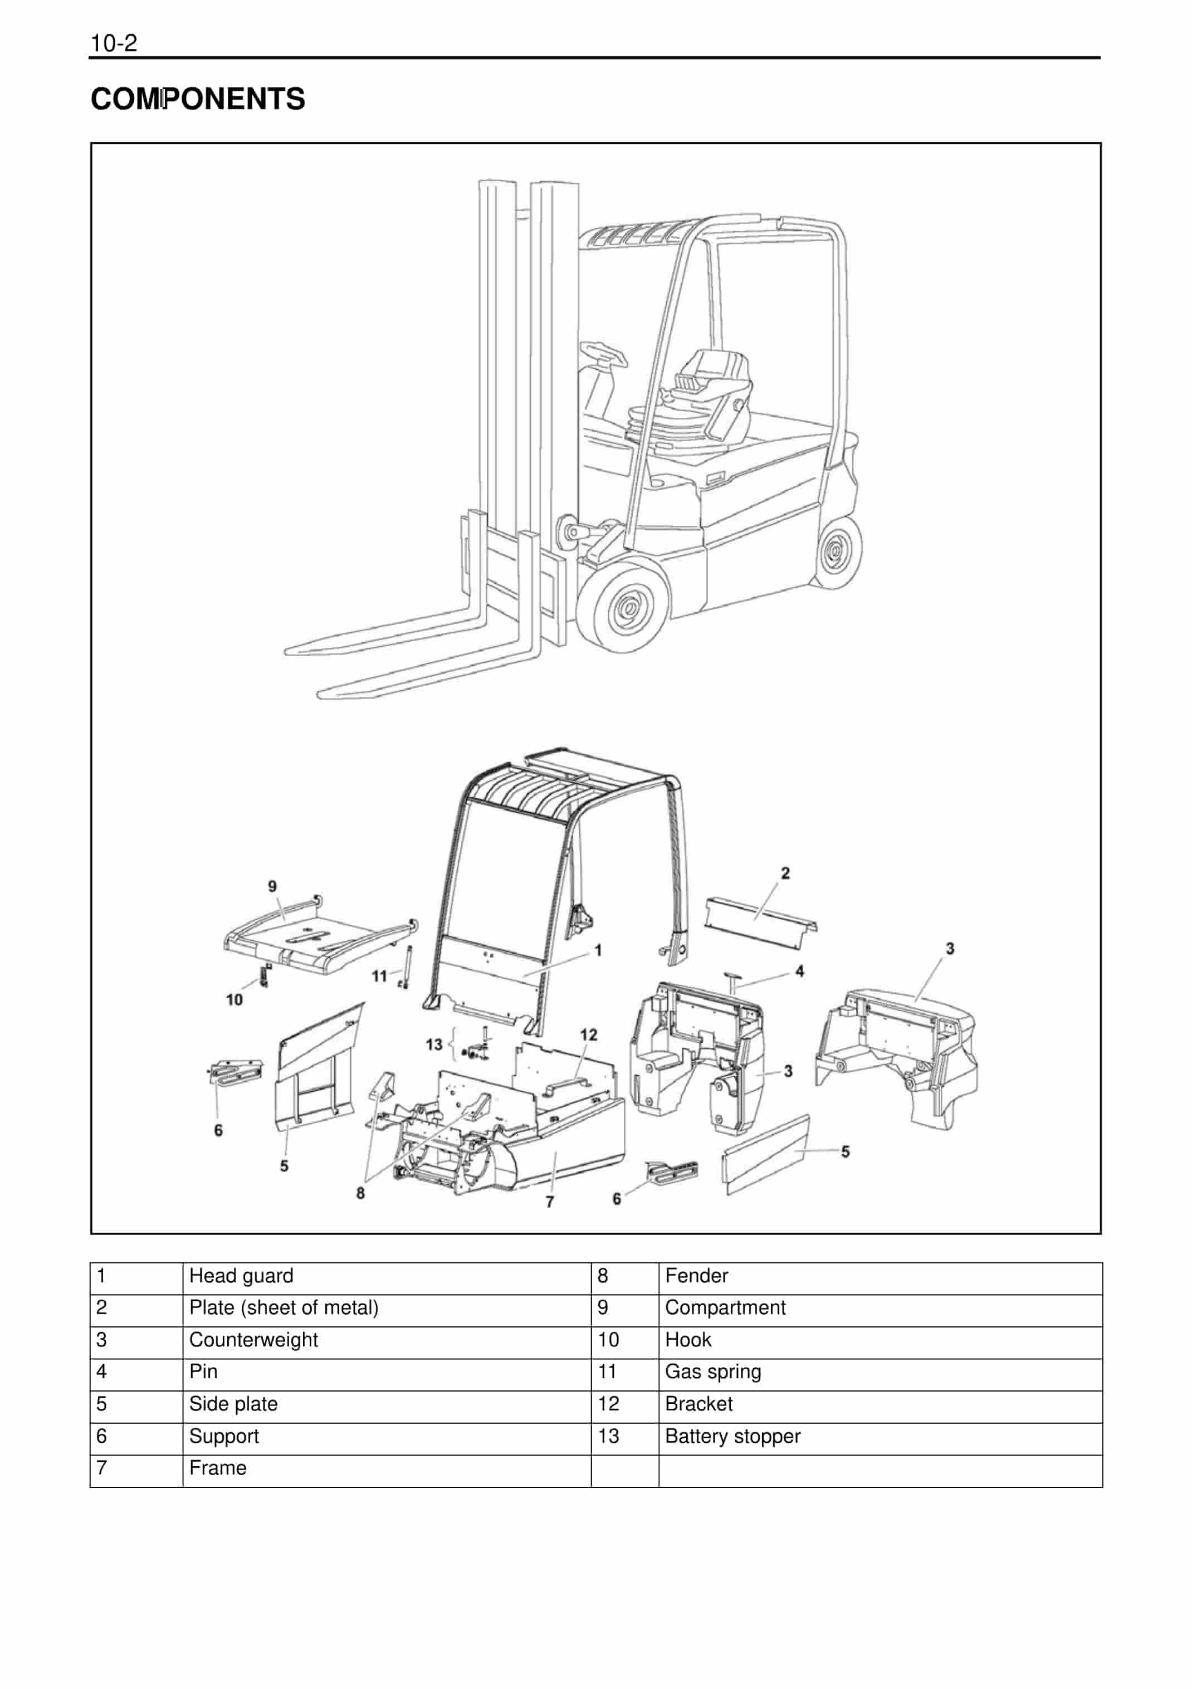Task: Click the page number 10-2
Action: coord(113,43)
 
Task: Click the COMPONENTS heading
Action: coord(198,99)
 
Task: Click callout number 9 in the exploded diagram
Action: coord(272,886)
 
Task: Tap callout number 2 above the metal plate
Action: coord(785,873)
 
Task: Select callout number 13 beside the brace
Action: coord(434,1044)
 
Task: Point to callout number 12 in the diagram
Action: coord(588,1035)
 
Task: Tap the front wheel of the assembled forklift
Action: coord(626,606)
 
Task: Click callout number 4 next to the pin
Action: coord(799,971)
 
